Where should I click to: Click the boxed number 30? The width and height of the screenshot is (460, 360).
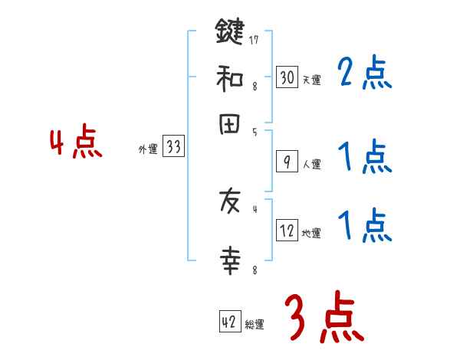click(287, 77)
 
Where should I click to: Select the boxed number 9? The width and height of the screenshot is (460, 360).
click(287, 162)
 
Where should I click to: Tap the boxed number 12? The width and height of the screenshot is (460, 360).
click(287, 231)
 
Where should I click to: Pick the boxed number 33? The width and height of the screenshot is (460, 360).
click(173, 148)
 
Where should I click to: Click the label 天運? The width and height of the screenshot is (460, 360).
click(311, 79)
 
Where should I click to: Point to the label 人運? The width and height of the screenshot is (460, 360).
click(311, 163)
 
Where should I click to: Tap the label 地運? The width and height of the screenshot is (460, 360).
click(311, 233)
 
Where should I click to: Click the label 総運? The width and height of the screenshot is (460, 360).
click(255, 324)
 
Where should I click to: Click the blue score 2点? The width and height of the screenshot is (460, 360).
click(364, 74)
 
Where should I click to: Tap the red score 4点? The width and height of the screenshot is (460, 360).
click(76, 143)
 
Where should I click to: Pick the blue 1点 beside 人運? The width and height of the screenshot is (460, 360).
click(364, 158)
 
